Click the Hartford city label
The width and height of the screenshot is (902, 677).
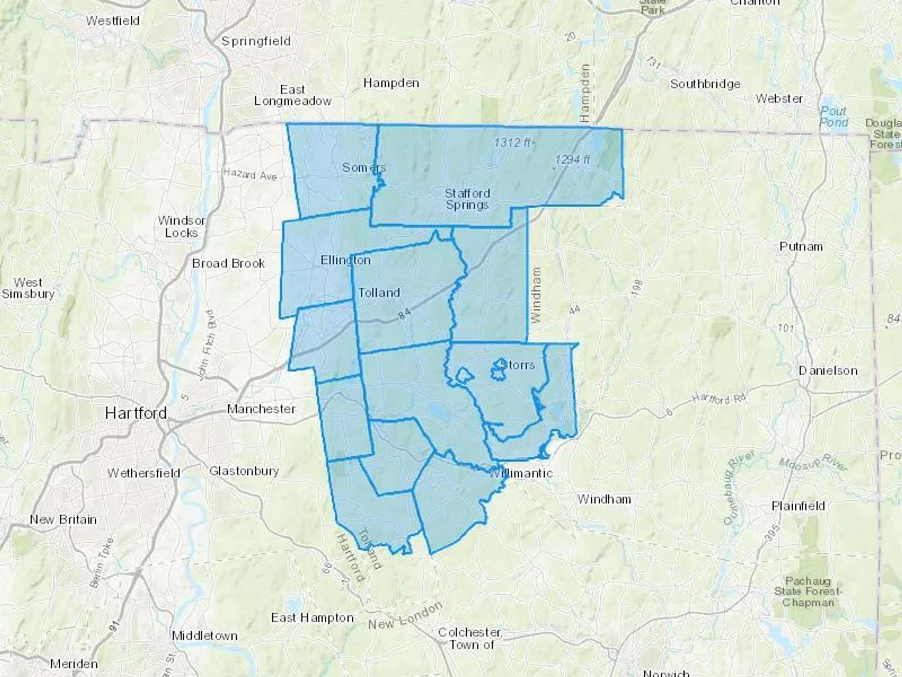(136, 413)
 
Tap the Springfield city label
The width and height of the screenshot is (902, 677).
(256, 41)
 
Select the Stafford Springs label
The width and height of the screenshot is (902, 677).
(467, 199)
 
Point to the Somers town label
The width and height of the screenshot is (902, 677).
(364, 167)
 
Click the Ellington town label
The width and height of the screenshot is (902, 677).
(345, 260)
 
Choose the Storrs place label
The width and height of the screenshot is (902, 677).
(517, 365)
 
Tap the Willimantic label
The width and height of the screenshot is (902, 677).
(521, 473)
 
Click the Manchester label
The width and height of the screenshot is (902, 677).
(261, 409)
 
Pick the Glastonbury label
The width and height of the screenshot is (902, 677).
(244, 471)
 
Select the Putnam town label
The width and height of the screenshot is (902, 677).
(801, 246)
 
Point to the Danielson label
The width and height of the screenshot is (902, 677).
(828, 371)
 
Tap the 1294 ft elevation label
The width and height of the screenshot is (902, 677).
(572, 159)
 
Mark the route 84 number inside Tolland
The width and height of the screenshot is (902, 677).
(404, 313)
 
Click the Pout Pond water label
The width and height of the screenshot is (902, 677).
(833, 116)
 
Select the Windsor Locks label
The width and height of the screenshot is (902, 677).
(181, 227)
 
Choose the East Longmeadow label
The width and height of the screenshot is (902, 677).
(293, 95)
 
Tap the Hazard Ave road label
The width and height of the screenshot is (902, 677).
(250, 174)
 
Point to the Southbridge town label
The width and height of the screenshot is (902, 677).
(705, 84)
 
